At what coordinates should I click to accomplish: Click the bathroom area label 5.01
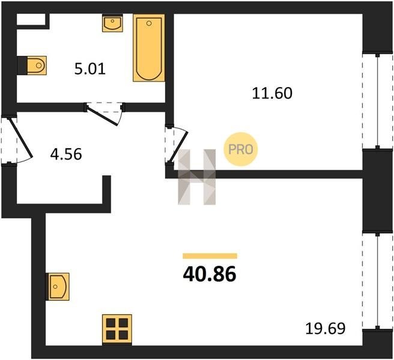coord(89,68)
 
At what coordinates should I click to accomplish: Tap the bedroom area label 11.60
coord(272,93)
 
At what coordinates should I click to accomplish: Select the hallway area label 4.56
coord(66,154)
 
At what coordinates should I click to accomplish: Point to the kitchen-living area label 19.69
coord(326,328)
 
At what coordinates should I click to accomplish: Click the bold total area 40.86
coord(210,274)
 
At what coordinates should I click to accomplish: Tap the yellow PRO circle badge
coord(241,149)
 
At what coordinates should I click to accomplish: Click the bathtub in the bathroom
coord(149,47)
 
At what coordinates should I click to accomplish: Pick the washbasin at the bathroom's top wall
coord(112,23)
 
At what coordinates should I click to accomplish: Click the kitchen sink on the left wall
coord(58,287)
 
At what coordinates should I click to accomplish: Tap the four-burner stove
coord(117,329)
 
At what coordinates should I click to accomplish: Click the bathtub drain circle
coord(149,23)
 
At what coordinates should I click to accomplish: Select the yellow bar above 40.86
coord(210,256)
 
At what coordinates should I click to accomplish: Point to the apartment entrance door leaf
coord(20,137)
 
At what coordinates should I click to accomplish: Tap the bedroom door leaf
coord(179,147)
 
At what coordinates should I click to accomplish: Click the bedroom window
coord(377,101)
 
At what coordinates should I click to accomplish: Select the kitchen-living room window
coord(377,281)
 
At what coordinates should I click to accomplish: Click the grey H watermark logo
coord(197,177)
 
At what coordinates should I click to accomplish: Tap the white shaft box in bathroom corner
coord(31,19)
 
